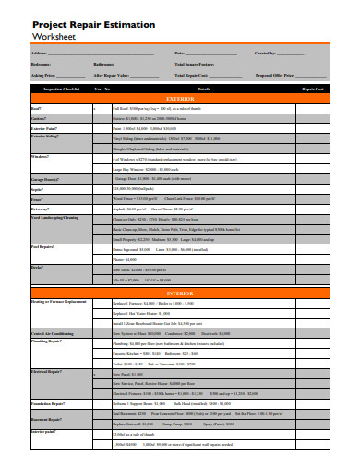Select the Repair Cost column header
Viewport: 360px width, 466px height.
[313, 89]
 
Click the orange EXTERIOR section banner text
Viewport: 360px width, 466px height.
[180, 97]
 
